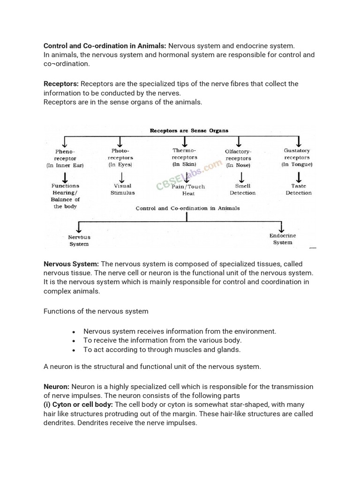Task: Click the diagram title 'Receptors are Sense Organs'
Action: (x=189, y=131)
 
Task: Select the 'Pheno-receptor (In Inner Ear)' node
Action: (x=65, y=158)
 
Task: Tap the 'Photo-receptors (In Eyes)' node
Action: (x=120, y=158)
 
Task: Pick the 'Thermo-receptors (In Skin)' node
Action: (x=185, y=157)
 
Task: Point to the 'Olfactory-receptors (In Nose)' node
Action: (x=238, y=158)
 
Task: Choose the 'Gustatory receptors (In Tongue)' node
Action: (x=297, y=157)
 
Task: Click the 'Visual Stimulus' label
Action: (x=122, y=189)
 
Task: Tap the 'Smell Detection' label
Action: (x=243, y=189)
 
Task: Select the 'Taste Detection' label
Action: (x=299, y=189)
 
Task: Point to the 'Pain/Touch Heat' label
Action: (x=188, y=190)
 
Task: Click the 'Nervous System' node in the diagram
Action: (x=79, y=240)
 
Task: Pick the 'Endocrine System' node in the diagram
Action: (x=283, y=239)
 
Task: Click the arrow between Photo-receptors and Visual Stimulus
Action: (x=122, y=177)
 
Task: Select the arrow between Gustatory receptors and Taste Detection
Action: (x=299, y=177)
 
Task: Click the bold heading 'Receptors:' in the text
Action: (x=61, y=84)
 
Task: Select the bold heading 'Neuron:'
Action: (x=57, y=387)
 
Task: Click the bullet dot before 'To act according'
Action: (x=74, y=350)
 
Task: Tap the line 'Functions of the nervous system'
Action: (x=96, y=311)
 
